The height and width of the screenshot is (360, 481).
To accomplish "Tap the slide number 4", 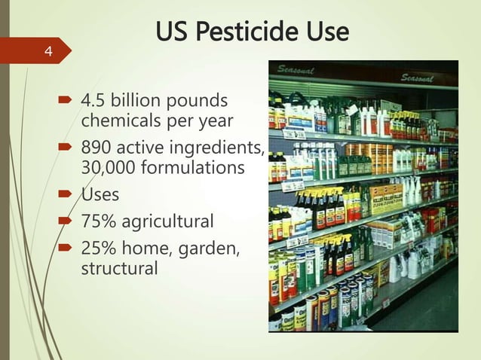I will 48,52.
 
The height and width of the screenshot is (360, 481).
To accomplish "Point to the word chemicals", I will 116,121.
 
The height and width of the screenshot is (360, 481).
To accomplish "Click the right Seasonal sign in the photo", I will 416,78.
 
